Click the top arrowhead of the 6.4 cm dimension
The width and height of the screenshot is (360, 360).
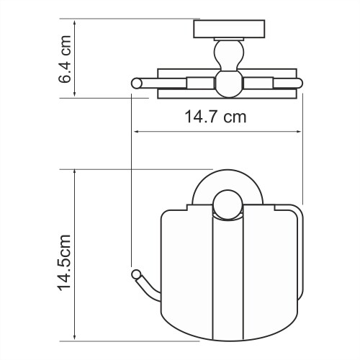(77, 22)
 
